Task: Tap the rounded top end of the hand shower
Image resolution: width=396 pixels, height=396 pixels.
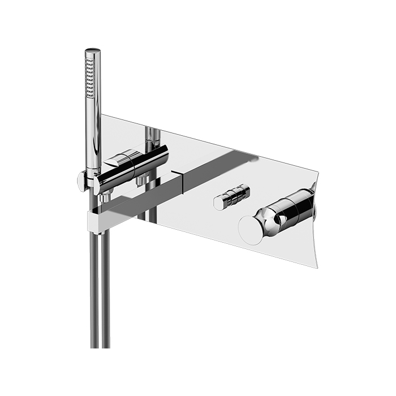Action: point(93,51)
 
